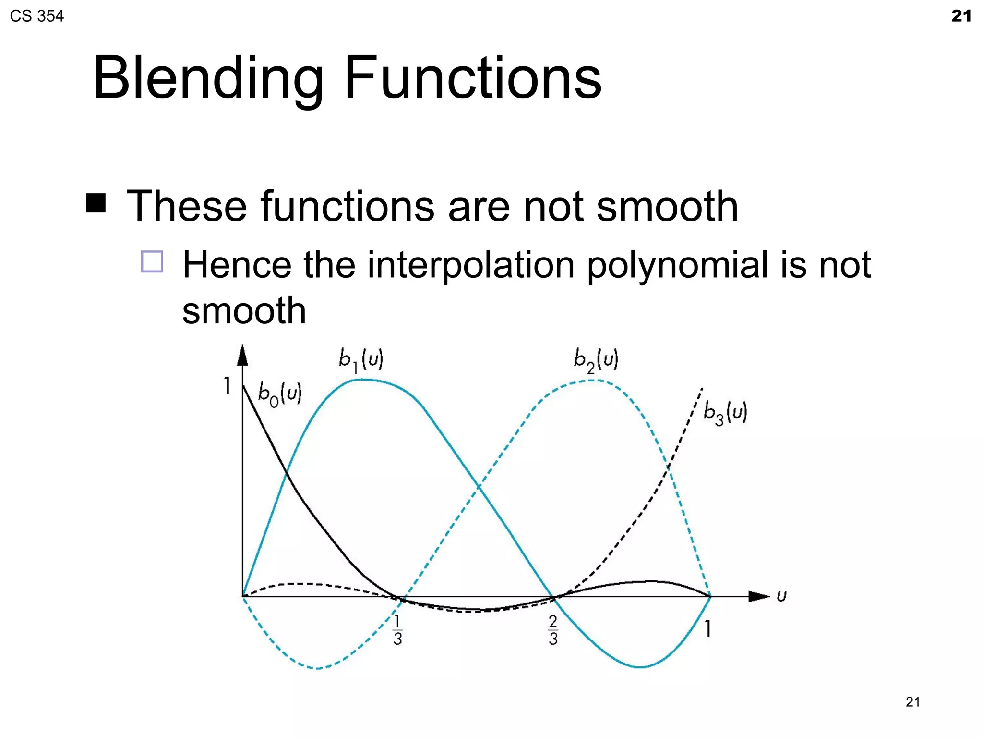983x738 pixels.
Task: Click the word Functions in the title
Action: point(472,78)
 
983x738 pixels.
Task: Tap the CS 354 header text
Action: point(36,16)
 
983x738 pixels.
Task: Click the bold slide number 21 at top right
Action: point(961,16)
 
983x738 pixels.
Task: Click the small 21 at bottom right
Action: point(912,702)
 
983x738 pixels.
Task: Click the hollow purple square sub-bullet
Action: point(152,262)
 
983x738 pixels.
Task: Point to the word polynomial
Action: point(677,265)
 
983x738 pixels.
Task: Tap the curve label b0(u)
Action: point(280,394)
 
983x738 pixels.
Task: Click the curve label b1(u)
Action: point(361,360)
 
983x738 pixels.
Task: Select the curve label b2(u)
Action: point(596,360)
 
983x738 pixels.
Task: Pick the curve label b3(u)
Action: point(725,413)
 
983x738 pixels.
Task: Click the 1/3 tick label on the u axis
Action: point(397,630)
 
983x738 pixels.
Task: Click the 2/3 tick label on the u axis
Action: point(553,630)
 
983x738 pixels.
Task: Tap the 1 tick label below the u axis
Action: point(707,628)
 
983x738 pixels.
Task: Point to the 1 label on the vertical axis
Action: point(227,385)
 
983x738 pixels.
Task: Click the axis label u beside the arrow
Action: point(781,596)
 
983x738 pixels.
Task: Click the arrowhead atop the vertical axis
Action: point(243,355)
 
